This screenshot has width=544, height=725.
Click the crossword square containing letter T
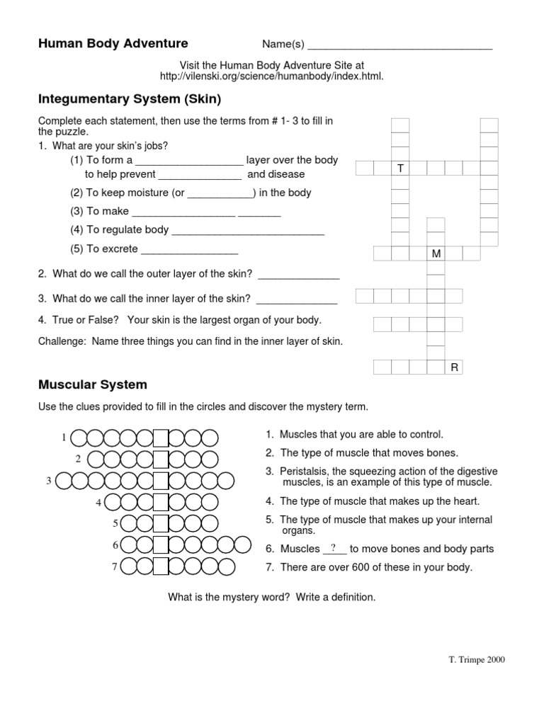(400, 169)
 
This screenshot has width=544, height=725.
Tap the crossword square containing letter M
(436, 253)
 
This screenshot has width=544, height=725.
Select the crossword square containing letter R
(454, 367)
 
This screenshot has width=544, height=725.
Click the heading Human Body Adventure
(113, 43)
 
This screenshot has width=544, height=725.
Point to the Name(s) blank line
(400, 49)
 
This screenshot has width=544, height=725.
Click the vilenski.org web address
(271, 76)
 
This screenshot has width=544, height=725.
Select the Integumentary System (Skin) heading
(130, 99)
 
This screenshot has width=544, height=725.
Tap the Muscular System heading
(93, 384)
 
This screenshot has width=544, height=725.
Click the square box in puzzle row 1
(161, 438)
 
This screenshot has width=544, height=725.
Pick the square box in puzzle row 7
(161, 566)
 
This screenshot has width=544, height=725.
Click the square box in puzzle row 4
(161, 502)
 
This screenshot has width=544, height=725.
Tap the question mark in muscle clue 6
(334, 549)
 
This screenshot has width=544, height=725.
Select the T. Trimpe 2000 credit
(477, 660)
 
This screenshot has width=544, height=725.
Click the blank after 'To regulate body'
(248, 234)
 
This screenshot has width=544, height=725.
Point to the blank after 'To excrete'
(190, 253)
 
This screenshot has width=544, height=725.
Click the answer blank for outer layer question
(299, 278)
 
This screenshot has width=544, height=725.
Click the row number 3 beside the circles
(49, 481)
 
